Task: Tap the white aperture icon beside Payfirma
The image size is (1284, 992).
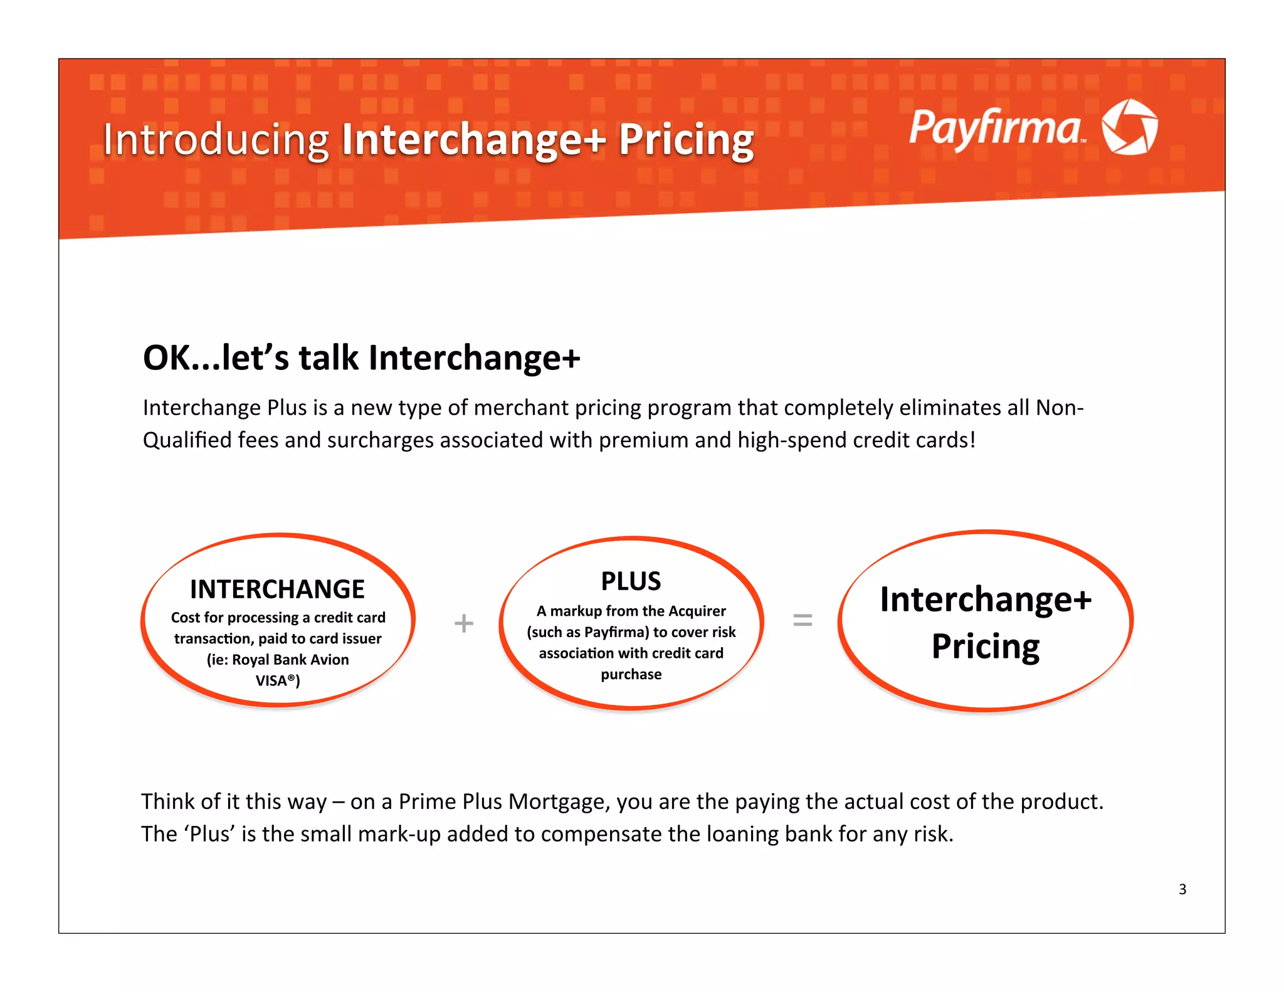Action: coord(1130,127)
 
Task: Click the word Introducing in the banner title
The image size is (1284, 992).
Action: coord(216,139)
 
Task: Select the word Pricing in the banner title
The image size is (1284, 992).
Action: coord(686,139)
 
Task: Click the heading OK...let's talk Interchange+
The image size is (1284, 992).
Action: coord(362,358)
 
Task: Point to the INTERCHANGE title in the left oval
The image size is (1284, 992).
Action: coord(277,589)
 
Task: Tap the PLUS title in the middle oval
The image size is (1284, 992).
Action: coord(631,581)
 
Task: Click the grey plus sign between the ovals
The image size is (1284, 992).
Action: coord(463,623)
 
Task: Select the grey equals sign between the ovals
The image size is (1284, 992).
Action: coord(802,621)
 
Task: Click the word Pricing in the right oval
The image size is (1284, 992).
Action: coord(985,646)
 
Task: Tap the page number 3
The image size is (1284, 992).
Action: coord(1182,889)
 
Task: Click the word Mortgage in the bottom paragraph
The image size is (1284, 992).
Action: coord(559,802)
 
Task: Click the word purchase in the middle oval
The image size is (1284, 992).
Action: coord(631,674)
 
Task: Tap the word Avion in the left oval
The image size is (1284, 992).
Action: coord(329,660)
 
